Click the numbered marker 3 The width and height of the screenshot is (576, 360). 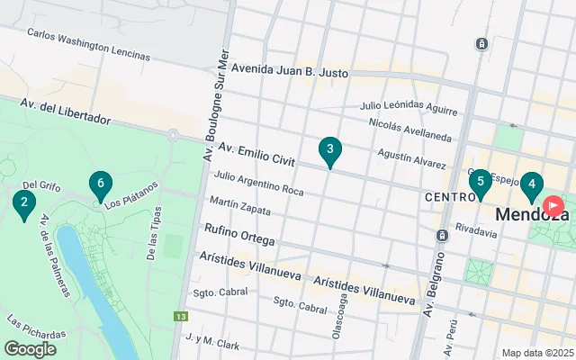point(330,150)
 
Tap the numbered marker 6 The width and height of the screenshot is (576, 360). point(101,184)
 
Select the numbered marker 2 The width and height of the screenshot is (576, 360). point(23,203)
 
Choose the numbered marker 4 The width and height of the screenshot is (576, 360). point(532,185)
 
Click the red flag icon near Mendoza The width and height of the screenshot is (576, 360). point(553,206)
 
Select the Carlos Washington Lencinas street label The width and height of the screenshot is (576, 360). point(88,43)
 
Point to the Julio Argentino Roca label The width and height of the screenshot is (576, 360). point(259,183)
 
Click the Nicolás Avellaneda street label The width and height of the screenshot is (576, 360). point(409,129)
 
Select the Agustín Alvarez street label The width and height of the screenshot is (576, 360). point(411,158)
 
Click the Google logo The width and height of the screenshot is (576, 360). point(31,349)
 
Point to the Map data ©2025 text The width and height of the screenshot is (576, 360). point(536,353)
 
